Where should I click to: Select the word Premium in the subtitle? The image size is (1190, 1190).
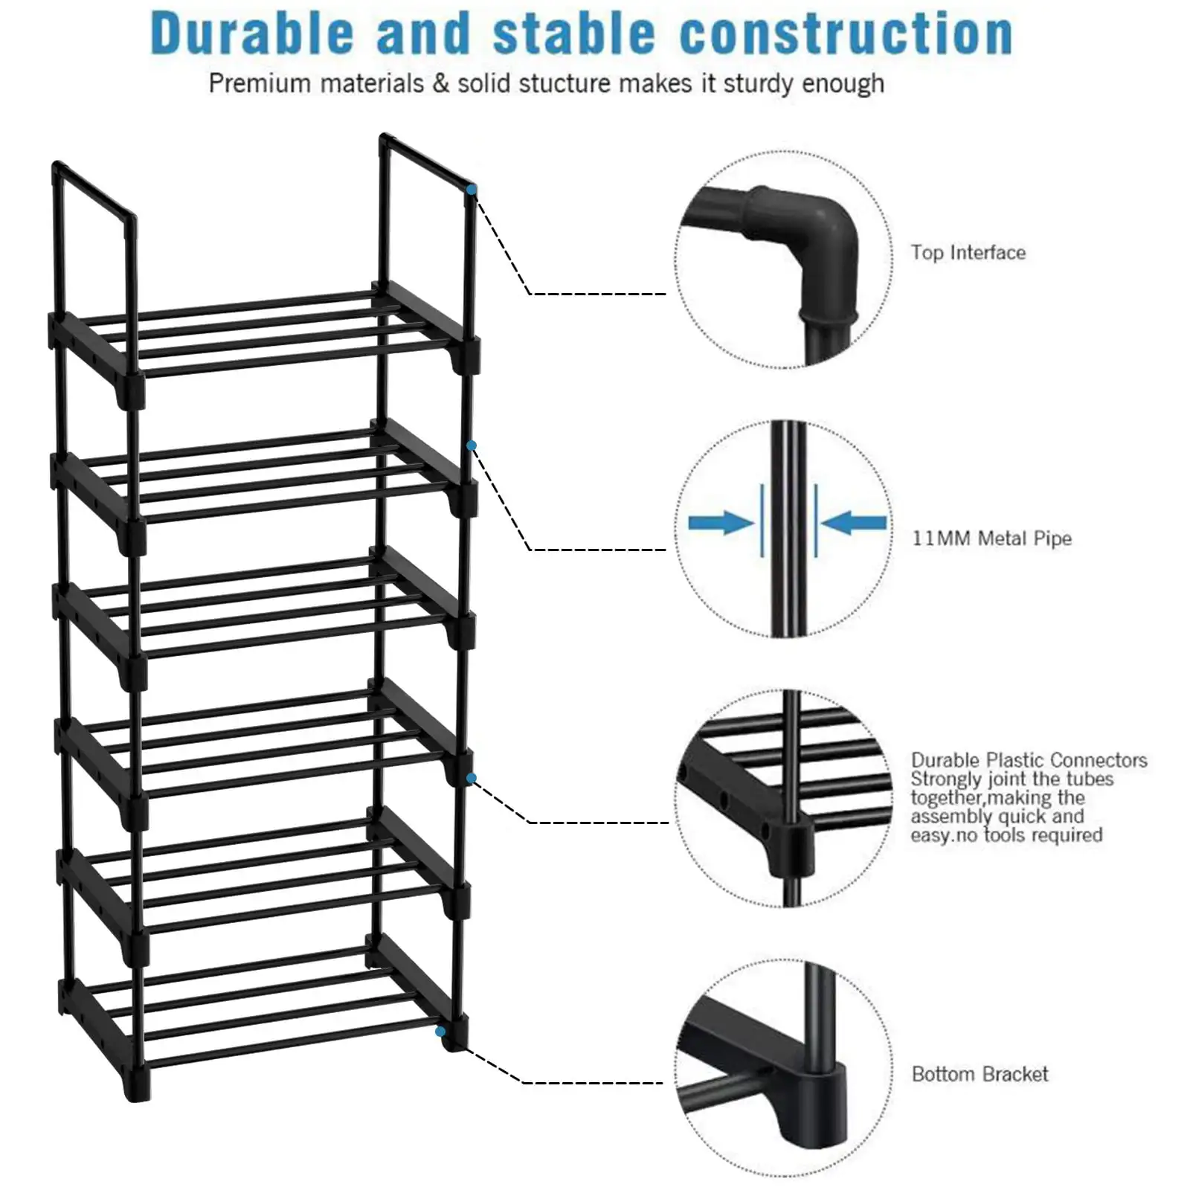[x=249, y=83]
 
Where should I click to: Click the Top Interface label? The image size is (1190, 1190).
[x=968, y=253]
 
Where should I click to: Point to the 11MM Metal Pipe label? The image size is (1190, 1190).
[x=991, y=538]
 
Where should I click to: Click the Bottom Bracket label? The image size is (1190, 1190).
[x=980, y=1074]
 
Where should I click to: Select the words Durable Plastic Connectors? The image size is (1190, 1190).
[x=1029, y=760]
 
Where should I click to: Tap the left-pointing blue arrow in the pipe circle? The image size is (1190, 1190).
[x=854, y=523]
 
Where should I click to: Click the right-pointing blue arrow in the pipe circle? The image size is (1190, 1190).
[x=718, y=523]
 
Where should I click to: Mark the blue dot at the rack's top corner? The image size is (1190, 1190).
[x=472, y=190]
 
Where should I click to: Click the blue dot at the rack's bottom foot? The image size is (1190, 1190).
[x=441, y=1032]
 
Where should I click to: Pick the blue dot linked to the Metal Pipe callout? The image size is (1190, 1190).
[x=472, y=446]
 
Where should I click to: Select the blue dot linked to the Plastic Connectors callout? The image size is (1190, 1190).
[x=472, y=778]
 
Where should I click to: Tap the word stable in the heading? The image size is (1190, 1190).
[x=573, y=34]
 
